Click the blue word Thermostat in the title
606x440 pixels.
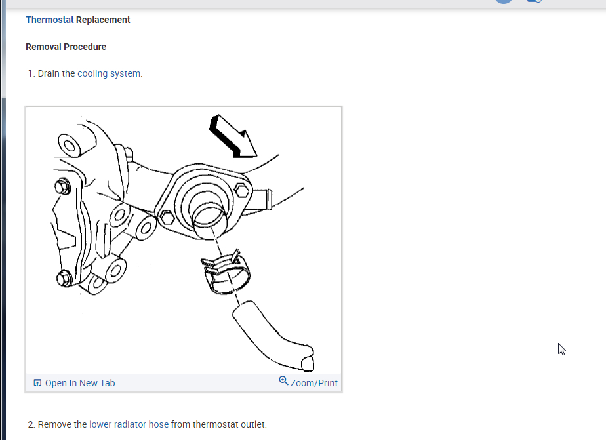coord(49,20)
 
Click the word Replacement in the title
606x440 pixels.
coord(103,20)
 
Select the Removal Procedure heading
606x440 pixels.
coord(66,47)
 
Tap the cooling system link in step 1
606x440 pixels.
coord(110,73)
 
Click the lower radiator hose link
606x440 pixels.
coord(129,424)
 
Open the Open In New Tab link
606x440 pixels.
coord(79,383)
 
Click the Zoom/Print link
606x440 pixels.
coord(314,383)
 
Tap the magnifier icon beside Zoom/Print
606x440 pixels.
coord(283,381)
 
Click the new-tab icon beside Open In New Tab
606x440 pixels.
coord(37,383)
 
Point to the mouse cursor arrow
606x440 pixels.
coord(561,349)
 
